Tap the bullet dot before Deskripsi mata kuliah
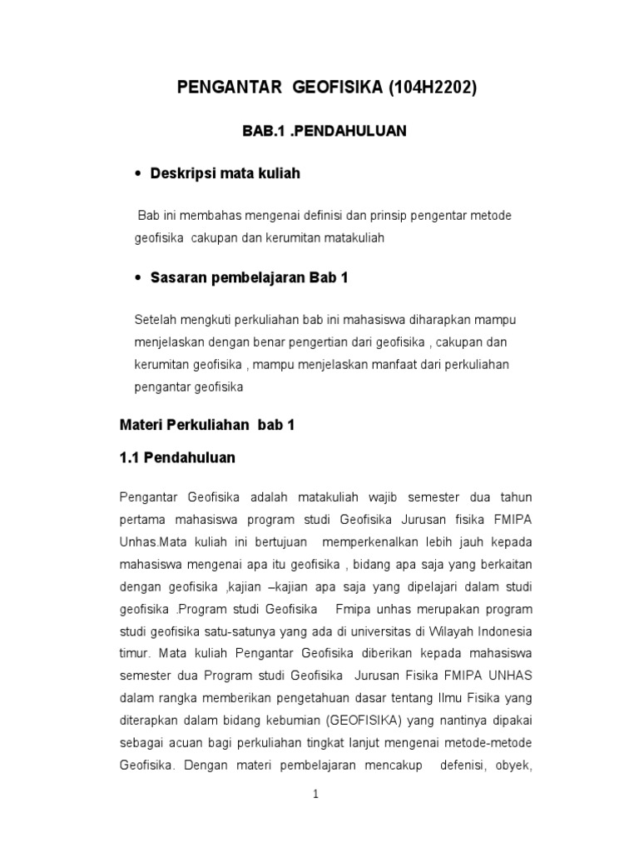137,174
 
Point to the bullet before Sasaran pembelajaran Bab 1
137,278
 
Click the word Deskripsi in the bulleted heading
182,174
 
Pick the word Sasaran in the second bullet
177,278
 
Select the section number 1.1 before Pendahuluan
131,457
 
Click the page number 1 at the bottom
316,795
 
